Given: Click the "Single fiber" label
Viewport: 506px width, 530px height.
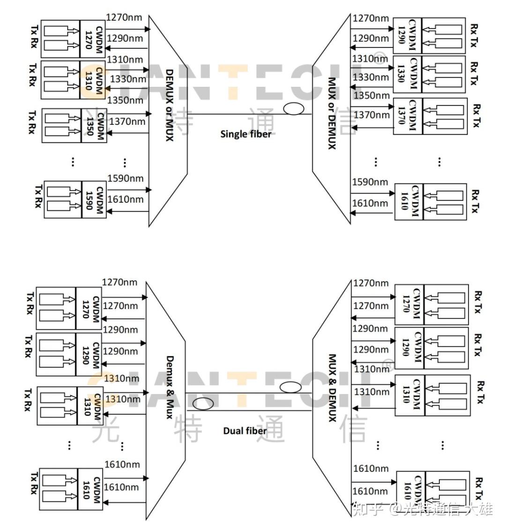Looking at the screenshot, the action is click(246, 134).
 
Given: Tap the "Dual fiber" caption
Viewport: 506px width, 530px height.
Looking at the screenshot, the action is click(245, 431).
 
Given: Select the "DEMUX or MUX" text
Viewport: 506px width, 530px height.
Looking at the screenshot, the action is click(170, 105).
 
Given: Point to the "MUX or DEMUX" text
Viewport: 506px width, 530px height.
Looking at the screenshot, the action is click(332, 114).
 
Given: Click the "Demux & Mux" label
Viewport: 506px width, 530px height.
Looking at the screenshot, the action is click(170, 387).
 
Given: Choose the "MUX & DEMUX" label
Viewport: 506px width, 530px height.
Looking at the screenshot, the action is click(333, 388).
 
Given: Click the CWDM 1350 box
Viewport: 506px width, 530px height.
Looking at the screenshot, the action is click(94, 126).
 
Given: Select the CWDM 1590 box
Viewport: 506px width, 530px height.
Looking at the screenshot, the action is click(94, 200).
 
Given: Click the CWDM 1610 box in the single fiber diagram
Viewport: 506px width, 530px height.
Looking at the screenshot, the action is click(409, 202).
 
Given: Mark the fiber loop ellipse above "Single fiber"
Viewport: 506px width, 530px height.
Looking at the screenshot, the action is click(293, 108).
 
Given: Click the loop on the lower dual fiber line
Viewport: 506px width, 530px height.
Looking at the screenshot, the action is click(203, 403).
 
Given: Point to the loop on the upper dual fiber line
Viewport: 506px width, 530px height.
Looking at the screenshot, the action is click(290, 387).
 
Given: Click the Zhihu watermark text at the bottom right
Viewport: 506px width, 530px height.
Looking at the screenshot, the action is click(422, 509).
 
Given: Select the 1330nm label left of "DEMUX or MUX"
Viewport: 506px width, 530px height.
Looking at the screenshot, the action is click(128, 79).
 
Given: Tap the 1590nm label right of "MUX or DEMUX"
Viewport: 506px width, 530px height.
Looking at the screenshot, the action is click(370, 182).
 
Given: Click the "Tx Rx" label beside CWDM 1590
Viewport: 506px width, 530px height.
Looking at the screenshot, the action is click(38, 196).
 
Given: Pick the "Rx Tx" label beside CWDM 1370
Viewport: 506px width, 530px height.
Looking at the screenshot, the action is click(476, 116).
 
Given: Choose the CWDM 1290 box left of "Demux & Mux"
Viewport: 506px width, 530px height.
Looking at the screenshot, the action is click(89, 354).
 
